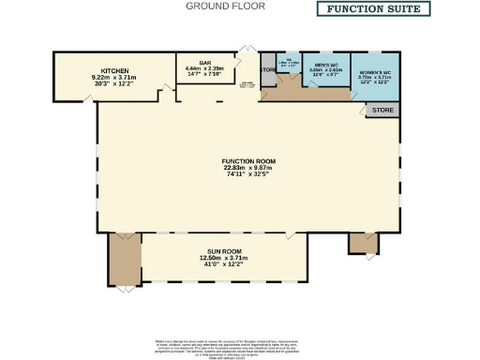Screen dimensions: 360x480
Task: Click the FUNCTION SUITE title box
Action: pyautogui.click(x=373, y=9)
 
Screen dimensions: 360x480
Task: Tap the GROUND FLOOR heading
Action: pyautogui.click(x=225, y=7)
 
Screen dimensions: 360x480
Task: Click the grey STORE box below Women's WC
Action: pyautogui.click(x=381, y=110)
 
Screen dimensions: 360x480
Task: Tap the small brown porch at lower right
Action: pyautogui.click(x=361, y=242)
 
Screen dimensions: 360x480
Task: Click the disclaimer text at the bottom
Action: pyautogui.click(x=239, y=345)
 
